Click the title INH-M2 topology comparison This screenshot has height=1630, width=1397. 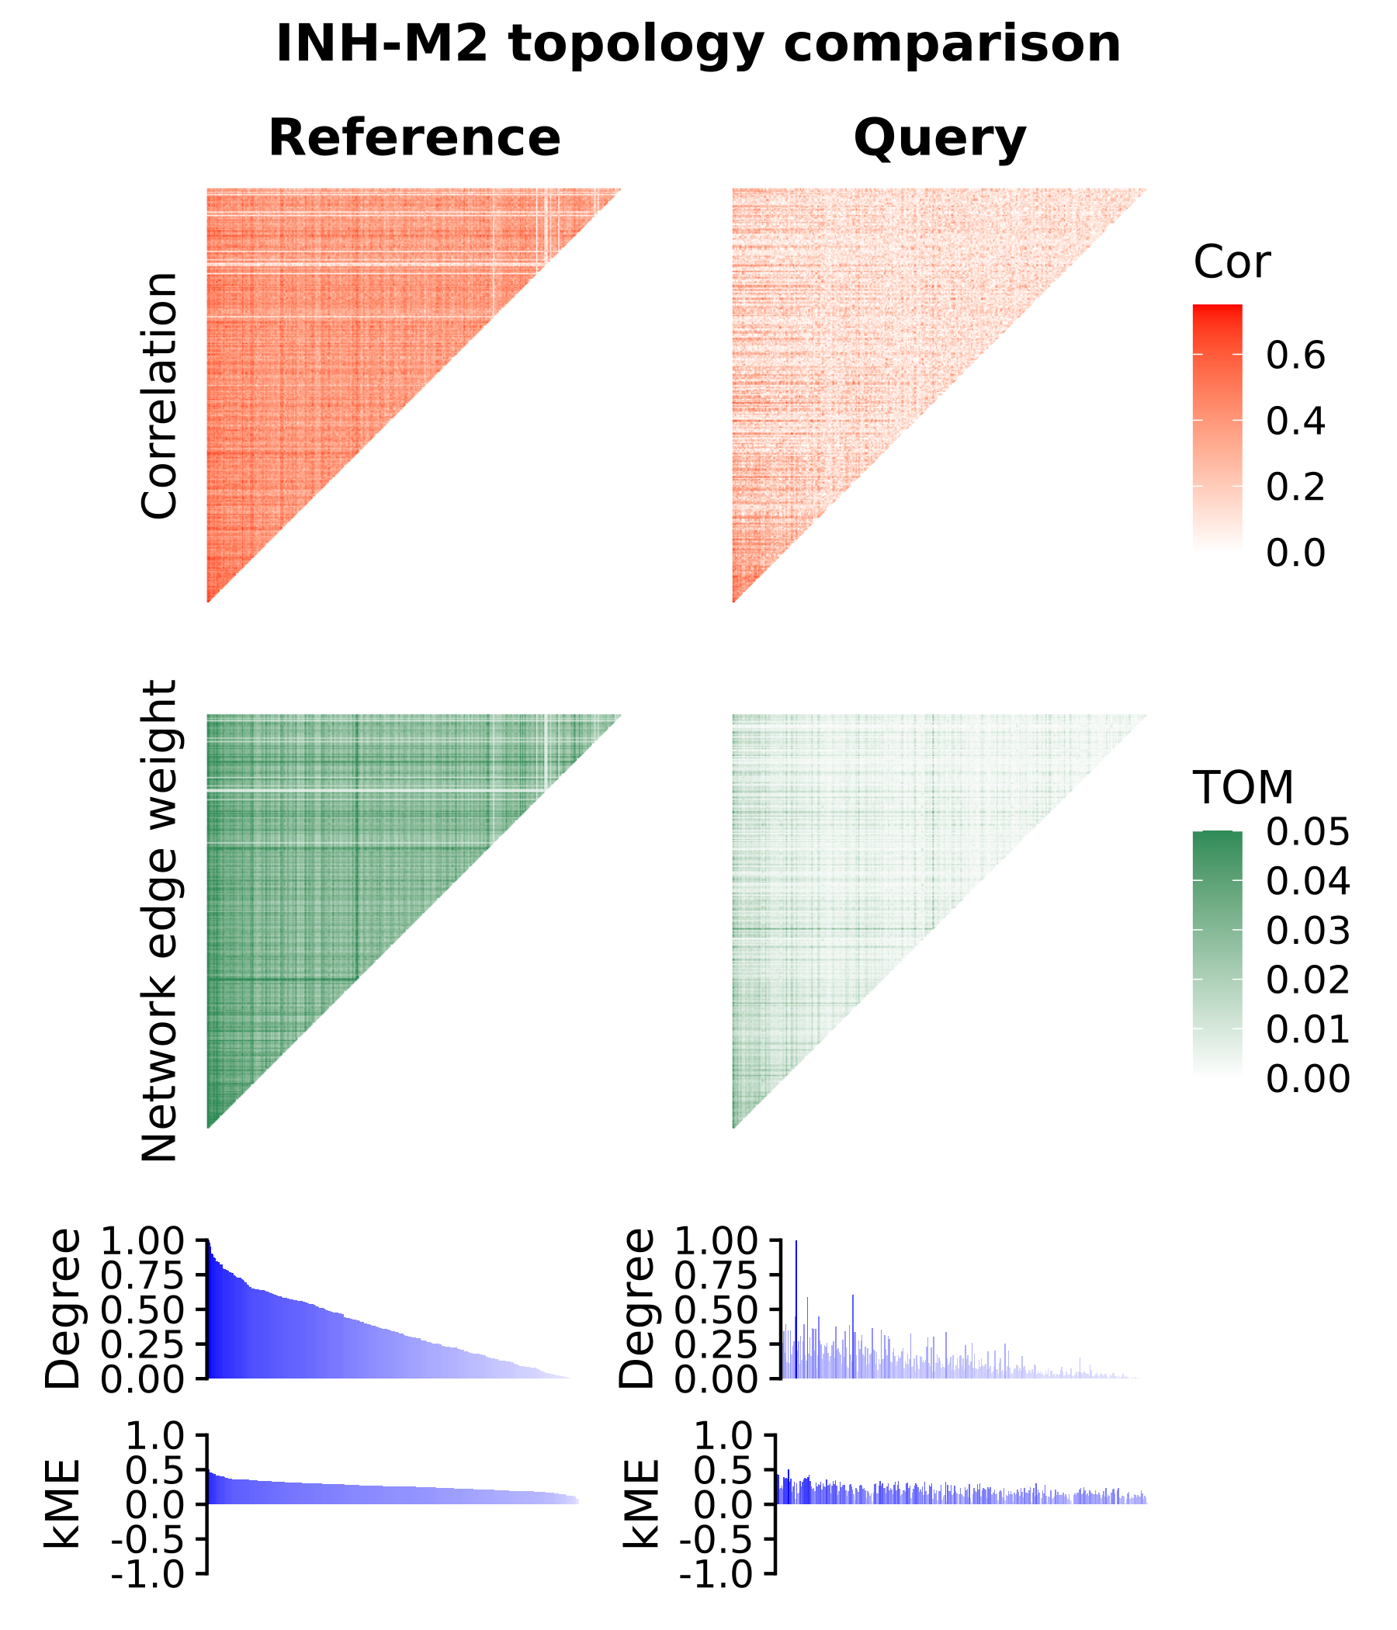tap(698, 44)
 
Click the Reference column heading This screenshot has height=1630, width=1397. tap(414, 138)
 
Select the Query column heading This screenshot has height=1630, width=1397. tap(939, 138)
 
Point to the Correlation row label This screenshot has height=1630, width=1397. tap(160, 396)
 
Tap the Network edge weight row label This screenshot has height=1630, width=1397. tap(160, 921)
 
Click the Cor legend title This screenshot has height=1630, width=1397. tap(1231, 263)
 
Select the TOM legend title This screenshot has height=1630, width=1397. tap(1243, 788)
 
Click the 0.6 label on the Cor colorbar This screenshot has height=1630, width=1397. tap(1295, 355)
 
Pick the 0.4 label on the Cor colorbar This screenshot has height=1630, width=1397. tap(1295, 421)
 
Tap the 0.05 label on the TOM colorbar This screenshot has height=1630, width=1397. tap(1307, 832)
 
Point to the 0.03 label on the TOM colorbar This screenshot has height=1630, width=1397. tap(1307, 931)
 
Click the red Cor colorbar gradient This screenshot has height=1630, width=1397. tap(1217, 425)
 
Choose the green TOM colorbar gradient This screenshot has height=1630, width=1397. tap(1217, 952)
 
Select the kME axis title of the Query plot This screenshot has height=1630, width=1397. tap(640, 1503)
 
